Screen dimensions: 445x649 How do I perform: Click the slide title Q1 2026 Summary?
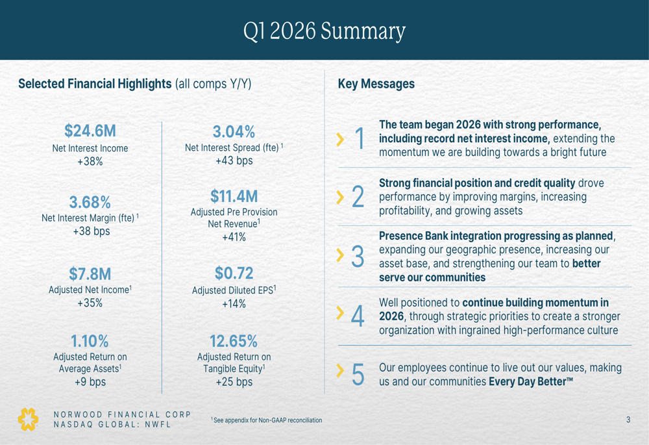pyautogui.click(x=324, y=31)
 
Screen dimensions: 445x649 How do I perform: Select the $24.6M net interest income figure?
pyautogui.click(x=90, y=131)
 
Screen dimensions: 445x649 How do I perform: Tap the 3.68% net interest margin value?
pyautogui.click(x=90, y=202)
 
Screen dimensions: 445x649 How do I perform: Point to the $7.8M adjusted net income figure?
pyautogui.click(x=90, y=273)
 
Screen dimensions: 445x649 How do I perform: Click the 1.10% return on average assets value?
pyautogui.click(x=90, y=340)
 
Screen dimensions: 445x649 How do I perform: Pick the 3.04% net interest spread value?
pyautogui.click(x=234, y=132)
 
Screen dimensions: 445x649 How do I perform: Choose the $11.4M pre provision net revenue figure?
pyautogui.click(x=234, y=196)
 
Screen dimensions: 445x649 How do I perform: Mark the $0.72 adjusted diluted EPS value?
pyautogui.click(x=234, y=273)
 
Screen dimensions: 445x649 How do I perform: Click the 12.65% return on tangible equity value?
pyautogui.click(x=234, y=340)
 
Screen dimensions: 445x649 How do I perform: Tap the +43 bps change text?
pyautogui.click(x=234, y=160)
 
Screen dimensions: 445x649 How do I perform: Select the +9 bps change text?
pyautogui.click(x=90, y=382)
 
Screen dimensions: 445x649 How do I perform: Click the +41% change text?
pyautogui.click(x=234, y=237)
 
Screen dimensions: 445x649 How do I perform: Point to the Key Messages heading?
pyautogui.click(x=376, y=84)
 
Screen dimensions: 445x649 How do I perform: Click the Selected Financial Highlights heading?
pyautogui.click(x=95, y=84)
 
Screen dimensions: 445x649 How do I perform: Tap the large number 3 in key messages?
pyautogui.click(x=358, y=257)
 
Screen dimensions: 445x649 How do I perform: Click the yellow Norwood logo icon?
pyautogui.click(x=28, y=419)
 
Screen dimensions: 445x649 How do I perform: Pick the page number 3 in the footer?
pyautogui.click(x=628, y=420)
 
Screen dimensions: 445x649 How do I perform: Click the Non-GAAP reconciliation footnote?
pyautogui.click(x=267, y=420)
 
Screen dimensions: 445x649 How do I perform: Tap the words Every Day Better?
pyautogui.click(x=530, y=381)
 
